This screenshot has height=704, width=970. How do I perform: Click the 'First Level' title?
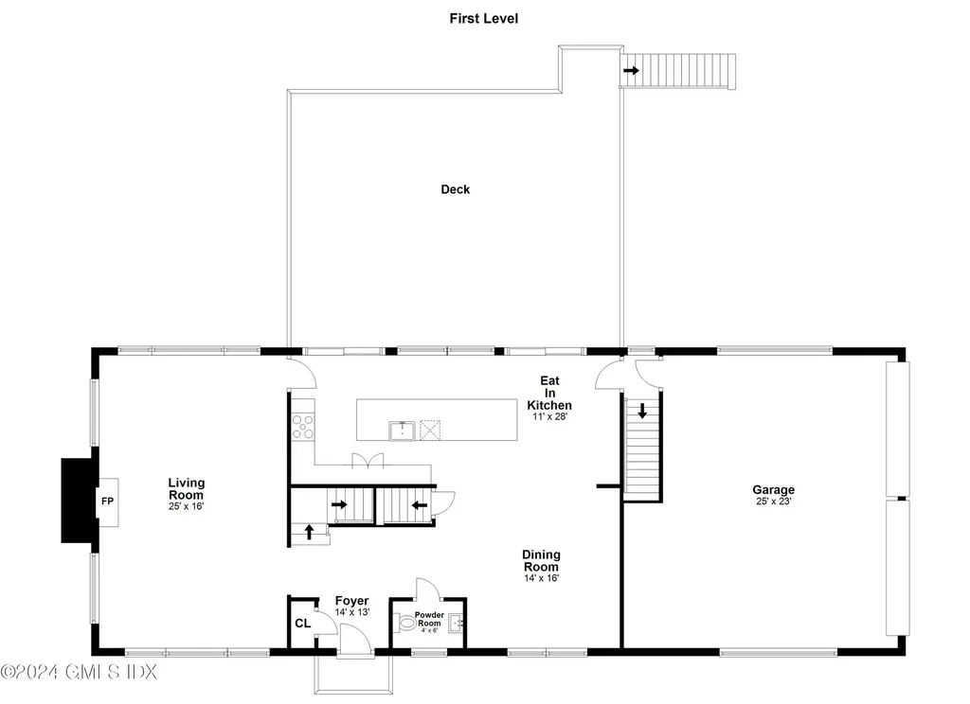point(484,18)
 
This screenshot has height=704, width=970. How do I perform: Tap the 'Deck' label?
point(455,189)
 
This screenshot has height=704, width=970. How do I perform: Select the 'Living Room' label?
point(187,488)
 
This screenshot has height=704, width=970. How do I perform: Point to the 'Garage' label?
point(773,489)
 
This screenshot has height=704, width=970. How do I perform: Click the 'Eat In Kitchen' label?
point(549,393)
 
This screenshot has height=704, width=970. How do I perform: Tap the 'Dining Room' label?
point(541,560)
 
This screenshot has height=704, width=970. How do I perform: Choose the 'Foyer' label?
point(351,601)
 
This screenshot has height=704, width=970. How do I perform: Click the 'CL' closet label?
point(302,624)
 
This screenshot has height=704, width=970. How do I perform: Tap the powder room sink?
point(455,624)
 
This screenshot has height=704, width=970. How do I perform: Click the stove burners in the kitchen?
point(303,426)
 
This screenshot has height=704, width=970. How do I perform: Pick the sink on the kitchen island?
point(402,431)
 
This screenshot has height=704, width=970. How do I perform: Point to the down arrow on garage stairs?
point(642,411)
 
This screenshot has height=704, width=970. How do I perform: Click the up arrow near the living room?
point(309,532)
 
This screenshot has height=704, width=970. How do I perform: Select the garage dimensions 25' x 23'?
point(773,502)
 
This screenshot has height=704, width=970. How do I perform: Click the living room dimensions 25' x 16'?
point(187,506)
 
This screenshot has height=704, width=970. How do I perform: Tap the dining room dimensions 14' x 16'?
point(541,578)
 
